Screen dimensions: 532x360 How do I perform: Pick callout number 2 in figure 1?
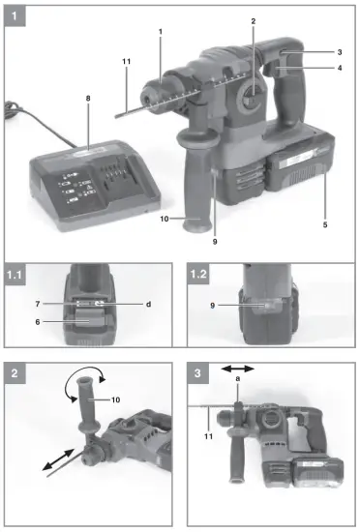point(254,21)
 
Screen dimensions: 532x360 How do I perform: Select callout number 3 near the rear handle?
point(340,50)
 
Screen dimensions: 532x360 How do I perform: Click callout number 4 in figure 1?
point(340,68)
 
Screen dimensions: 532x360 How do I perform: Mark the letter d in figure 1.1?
point(148,305)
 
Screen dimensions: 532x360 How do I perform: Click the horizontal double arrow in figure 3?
point(237,369)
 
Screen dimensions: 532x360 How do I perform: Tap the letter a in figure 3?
point(237,380)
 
